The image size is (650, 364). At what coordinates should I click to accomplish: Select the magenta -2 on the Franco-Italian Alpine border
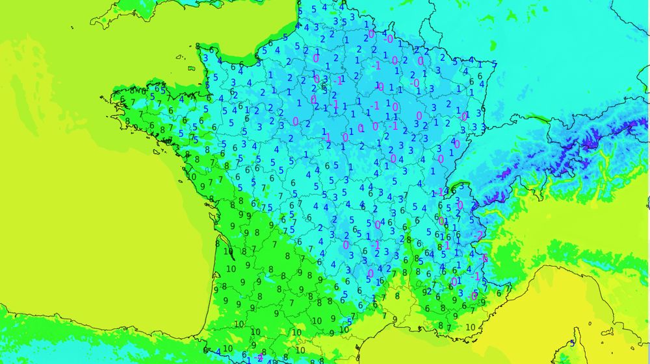pyautogui.click(x=479, y=235)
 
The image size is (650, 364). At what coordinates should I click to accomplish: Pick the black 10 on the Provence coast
pyautogui.click(x=471, y=328)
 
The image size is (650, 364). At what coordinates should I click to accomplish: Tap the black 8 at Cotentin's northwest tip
pyautogui.click(x=198, y=46)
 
